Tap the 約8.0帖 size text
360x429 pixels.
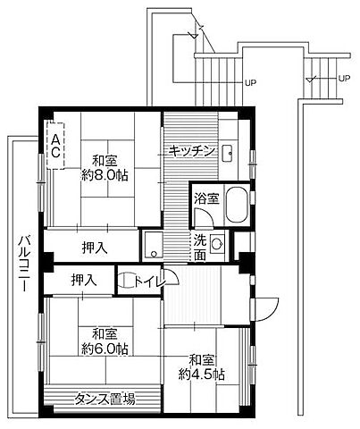[x=105, y=174]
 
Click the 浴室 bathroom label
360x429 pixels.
[x=206, y=198]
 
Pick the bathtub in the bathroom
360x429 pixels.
[x=239, y=207]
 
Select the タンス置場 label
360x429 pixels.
[x=105, y=400]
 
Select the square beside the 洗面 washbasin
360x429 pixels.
[x=153, y=240]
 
